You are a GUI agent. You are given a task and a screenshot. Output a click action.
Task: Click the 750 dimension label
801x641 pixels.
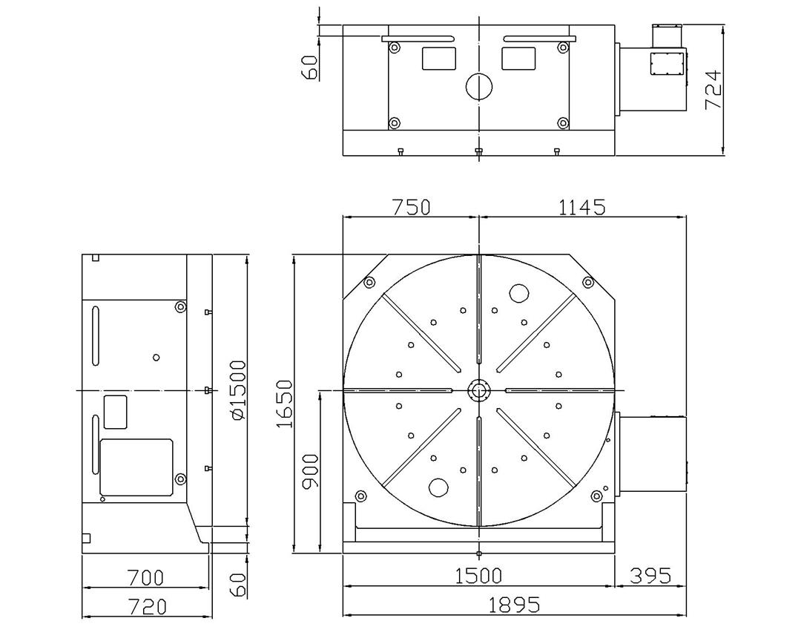point(411,207)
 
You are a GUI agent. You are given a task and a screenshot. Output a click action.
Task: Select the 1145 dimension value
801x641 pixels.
point(582,207)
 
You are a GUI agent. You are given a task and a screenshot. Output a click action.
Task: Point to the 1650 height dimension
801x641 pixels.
point(284,404)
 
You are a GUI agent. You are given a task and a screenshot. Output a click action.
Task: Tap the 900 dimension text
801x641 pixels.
point(310,471)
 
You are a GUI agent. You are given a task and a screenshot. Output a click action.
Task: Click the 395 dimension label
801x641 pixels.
point(650,576)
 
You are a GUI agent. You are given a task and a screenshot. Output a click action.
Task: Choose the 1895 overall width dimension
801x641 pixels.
point(514,605)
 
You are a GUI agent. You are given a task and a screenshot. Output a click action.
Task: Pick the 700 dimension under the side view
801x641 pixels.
point(145,578)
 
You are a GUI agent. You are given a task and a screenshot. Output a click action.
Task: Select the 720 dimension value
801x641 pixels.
point(147,607)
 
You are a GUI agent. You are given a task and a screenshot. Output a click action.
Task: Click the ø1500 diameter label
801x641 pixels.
point(239,390)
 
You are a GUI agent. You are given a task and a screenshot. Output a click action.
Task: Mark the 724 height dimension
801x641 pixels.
point(713,90)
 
